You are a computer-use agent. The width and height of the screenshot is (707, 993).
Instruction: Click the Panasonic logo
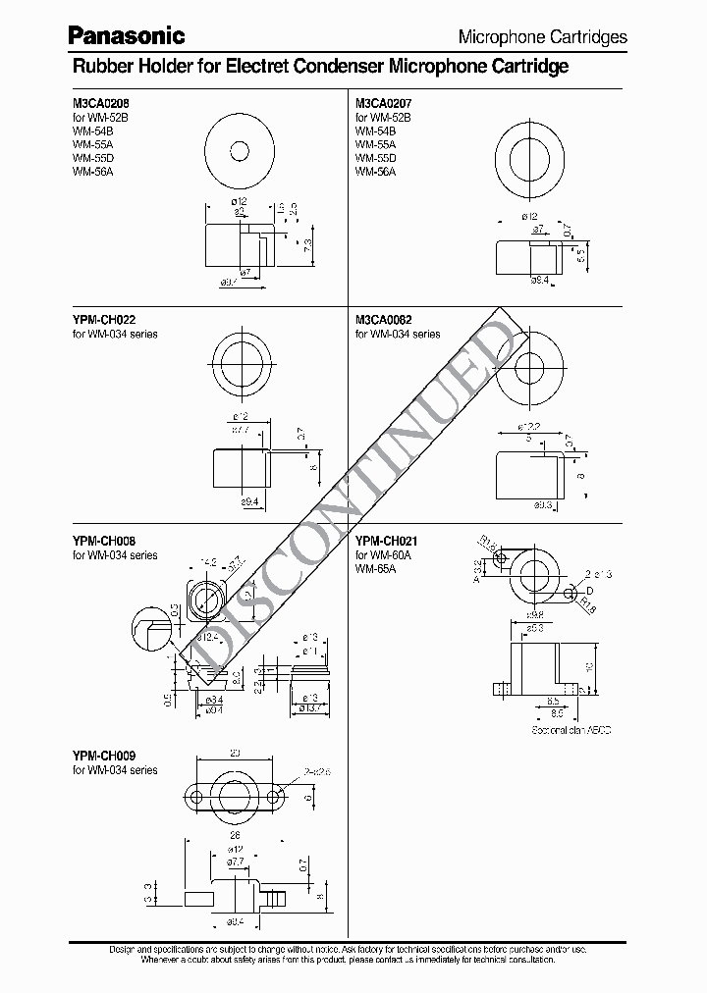[126, 35]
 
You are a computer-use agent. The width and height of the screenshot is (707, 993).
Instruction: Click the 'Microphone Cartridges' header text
[542, 37]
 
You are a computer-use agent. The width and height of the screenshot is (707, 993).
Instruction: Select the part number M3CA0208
[99, 102]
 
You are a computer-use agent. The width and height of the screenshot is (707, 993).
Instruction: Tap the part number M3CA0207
[383, 102]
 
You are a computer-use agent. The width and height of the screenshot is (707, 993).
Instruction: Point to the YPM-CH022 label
[102, 320]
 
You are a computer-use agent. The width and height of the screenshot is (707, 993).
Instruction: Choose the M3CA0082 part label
[383, 320]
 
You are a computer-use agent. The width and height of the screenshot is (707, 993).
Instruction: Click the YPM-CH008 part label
[102, 541]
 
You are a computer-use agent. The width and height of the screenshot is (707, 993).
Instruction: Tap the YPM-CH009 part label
[102, 756]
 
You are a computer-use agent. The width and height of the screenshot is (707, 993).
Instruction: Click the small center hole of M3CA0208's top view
[240, 151]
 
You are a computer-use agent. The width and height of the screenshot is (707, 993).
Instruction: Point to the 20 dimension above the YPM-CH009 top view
[234, 754]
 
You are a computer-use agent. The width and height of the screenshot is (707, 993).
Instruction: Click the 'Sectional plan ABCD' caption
[570, 730]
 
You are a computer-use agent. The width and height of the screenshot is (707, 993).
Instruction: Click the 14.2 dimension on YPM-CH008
[208, 563]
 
